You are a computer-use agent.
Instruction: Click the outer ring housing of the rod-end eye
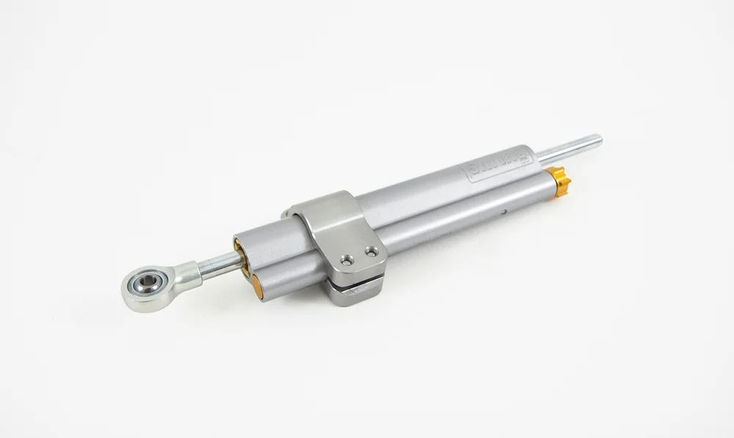tap(132, 293)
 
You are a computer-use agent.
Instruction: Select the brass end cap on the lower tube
tap(258, 287)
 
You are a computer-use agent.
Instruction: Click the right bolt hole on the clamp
tap(371, 252)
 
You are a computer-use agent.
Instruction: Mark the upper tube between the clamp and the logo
tap(411, 191)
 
